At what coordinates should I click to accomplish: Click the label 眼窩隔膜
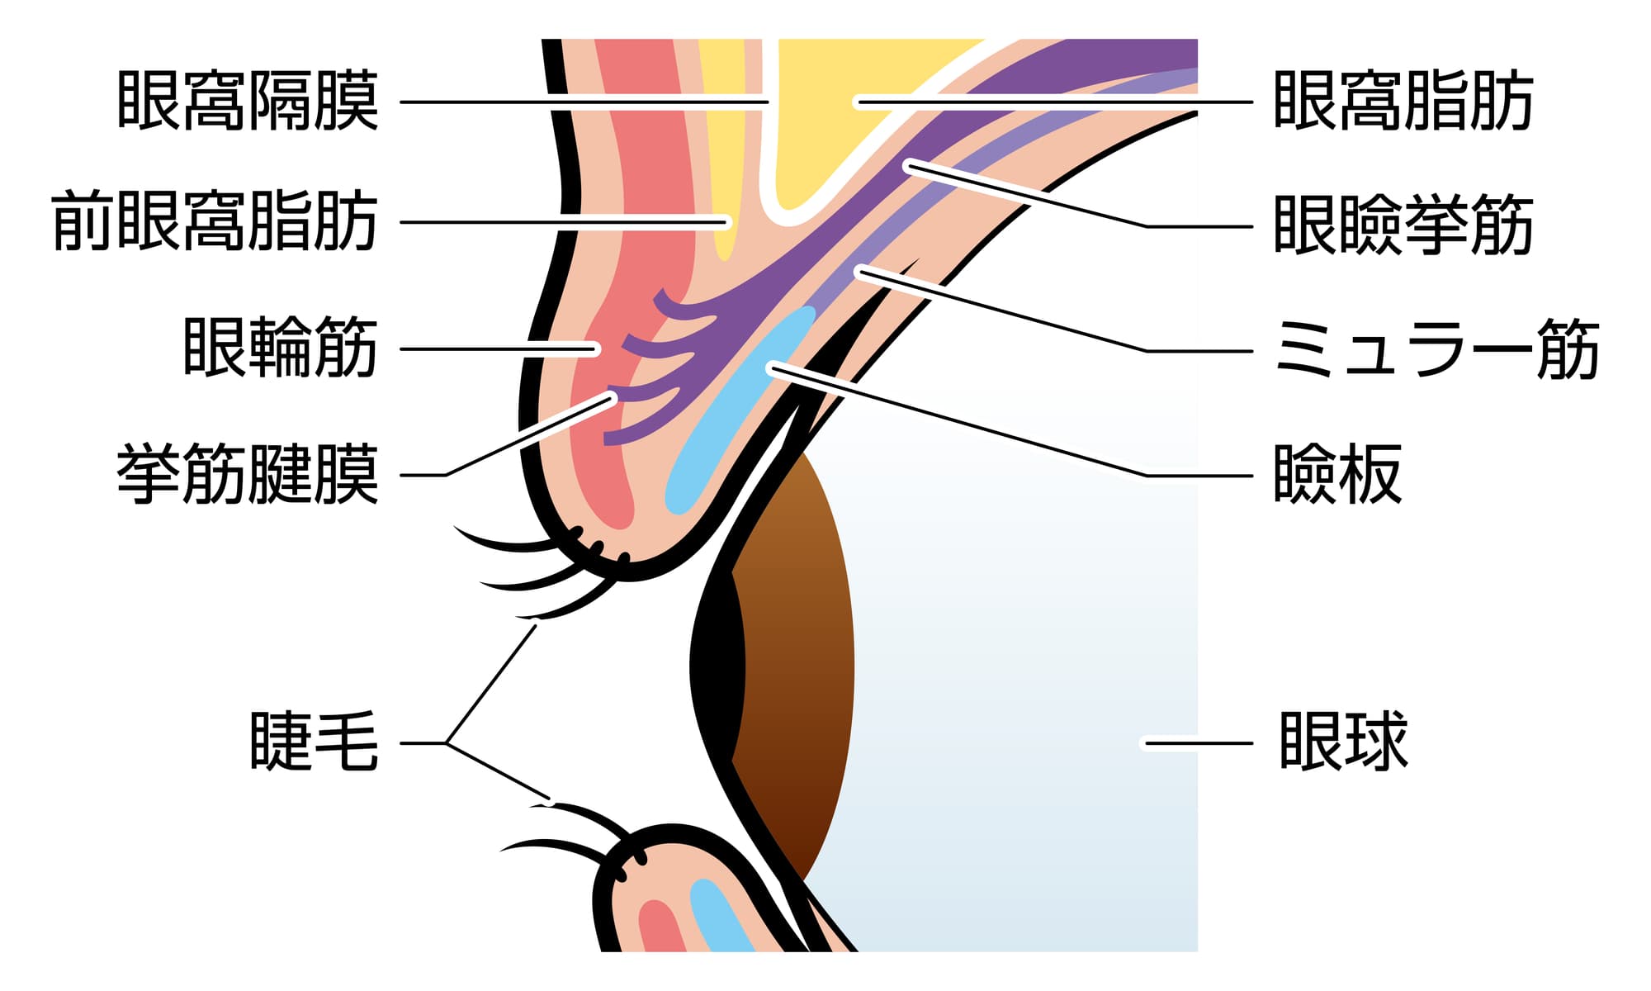[x=248, y=102]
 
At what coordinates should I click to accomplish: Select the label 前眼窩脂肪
[x=215, y=221]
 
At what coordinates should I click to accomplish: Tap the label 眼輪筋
[x=280, y=348]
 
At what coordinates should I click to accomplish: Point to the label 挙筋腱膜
[x=248, y=474]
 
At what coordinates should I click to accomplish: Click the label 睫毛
[x=314, y=742]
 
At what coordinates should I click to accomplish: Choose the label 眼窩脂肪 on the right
[x=1403, y=102]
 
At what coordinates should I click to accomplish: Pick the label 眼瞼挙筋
[x=1403, y=225]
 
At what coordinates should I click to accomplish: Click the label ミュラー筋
[x=1436, y=350]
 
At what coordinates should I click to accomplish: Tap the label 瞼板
[x=1337, y=474]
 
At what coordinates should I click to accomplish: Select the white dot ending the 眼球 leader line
[x=1146, y=743]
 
